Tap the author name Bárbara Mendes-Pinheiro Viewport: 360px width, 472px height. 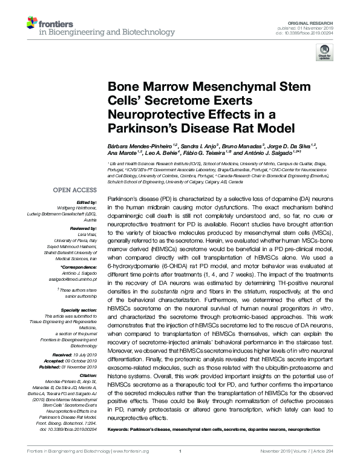click(134, 146)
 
